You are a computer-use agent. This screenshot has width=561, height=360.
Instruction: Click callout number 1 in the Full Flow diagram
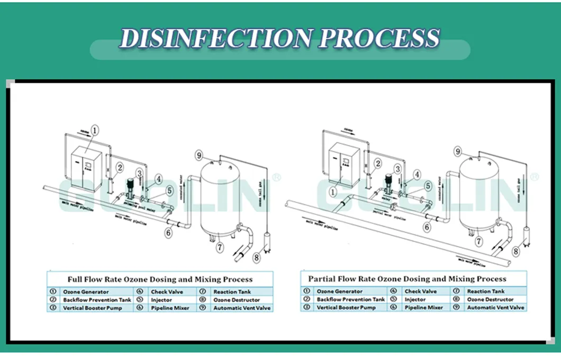click(x=95, y=130)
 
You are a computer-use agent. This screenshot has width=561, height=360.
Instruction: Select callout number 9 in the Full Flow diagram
click(x=199, y=156)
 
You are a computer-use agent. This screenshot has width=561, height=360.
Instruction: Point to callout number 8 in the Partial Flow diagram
click(x=515, y=251)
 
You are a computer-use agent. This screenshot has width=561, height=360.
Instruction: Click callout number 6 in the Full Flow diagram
click(x=168, y=232)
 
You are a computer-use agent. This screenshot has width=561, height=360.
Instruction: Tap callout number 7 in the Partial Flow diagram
click(x=478, y=242)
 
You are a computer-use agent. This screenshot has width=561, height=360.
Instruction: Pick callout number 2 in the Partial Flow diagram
click(x=378, y=163)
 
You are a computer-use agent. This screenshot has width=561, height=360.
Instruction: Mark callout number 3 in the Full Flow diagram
click(x=139, y=173)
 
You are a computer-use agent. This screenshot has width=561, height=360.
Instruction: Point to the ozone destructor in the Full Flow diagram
click(x=267, y=240)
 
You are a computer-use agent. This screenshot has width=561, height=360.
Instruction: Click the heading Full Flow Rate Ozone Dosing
click(x=160, y=279)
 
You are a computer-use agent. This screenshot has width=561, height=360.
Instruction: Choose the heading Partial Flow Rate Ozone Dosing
click(x=407, y=278)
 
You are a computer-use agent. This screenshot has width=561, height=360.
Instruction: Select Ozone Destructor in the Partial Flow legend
click(x=490, y=300)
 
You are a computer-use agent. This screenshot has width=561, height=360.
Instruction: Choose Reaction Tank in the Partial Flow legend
click(x=486, y=291)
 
